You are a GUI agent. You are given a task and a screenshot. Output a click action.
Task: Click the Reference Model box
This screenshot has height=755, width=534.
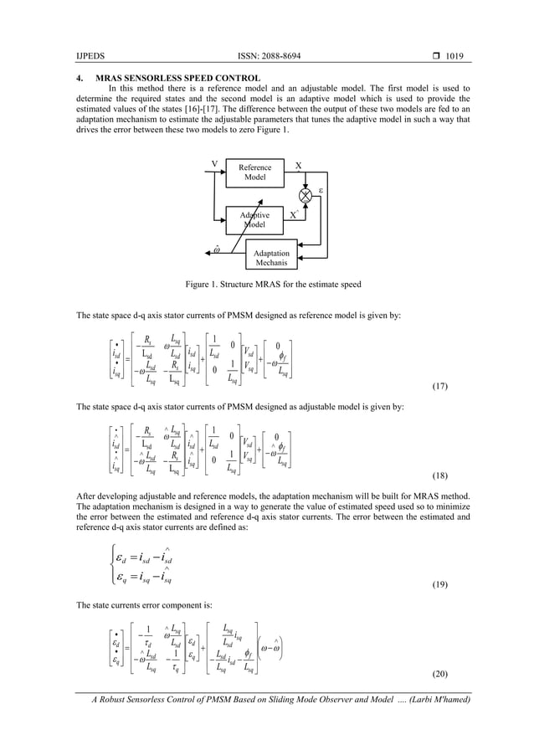254,173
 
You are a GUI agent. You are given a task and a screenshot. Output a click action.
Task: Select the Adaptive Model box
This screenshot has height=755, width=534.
254,219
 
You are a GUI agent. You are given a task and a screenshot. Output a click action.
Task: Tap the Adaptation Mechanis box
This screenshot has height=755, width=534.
272,257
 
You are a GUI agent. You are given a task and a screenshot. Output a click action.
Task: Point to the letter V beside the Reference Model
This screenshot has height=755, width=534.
215,164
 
